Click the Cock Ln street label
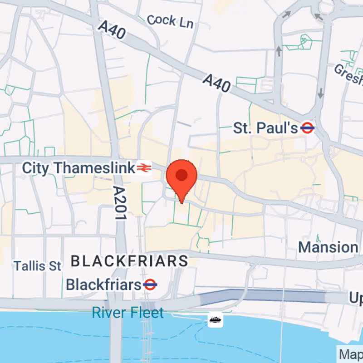[170, 21]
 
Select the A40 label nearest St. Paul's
[216, 83]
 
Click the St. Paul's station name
[265, 128]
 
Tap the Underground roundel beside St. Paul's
[308, 128]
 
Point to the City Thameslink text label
[78, 168]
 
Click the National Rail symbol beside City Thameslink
[143, 168]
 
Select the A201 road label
[119, 203]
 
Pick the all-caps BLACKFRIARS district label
[130, 261]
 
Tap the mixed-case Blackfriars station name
[103, 285]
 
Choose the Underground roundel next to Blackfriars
[150, 285]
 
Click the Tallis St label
[37, 265]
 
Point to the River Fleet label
[128, 313]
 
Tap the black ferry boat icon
[216, 320]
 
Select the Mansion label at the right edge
[329, 248]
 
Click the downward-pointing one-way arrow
[321, 93]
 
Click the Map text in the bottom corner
[351, 354]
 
